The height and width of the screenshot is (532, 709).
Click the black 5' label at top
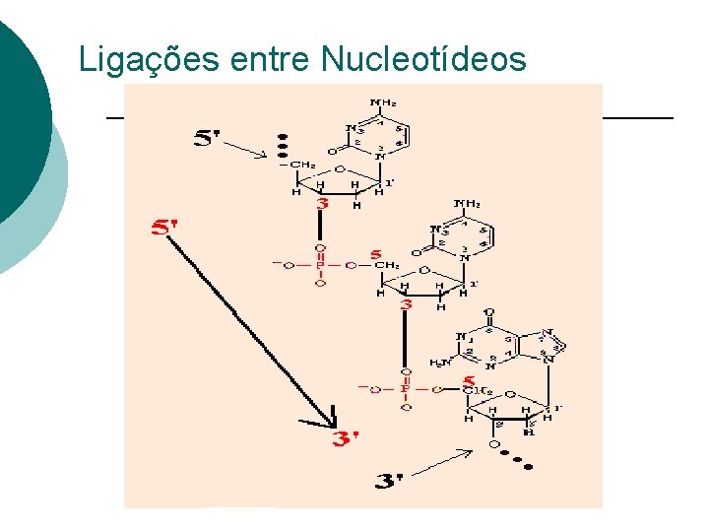(x=214, y=139)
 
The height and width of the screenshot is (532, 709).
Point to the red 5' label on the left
(x=164, y=228)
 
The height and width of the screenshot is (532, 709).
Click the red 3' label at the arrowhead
(x=346, y=438)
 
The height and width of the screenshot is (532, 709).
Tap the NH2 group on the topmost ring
(x=382, y=102)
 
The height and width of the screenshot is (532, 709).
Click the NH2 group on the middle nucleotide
(x=467, y=204)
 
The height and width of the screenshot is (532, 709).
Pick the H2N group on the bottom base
(x=441, y=363)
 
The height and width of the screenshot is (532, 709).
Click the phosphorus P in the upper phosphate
(x=319, y=264)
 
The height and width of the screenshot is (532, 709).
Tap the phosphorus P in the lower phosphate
(x=405, y=388)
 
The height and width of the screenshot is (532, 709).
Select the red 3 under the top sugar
(x=321, y=204)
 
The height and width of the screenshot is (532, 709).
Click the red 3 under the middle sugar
(x=405, y=306)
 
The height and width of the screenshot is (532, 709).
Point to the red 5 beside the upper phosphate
(x=375, y=253)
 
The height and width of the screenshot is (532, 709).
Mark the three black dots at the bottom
(x=513, y=459)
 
